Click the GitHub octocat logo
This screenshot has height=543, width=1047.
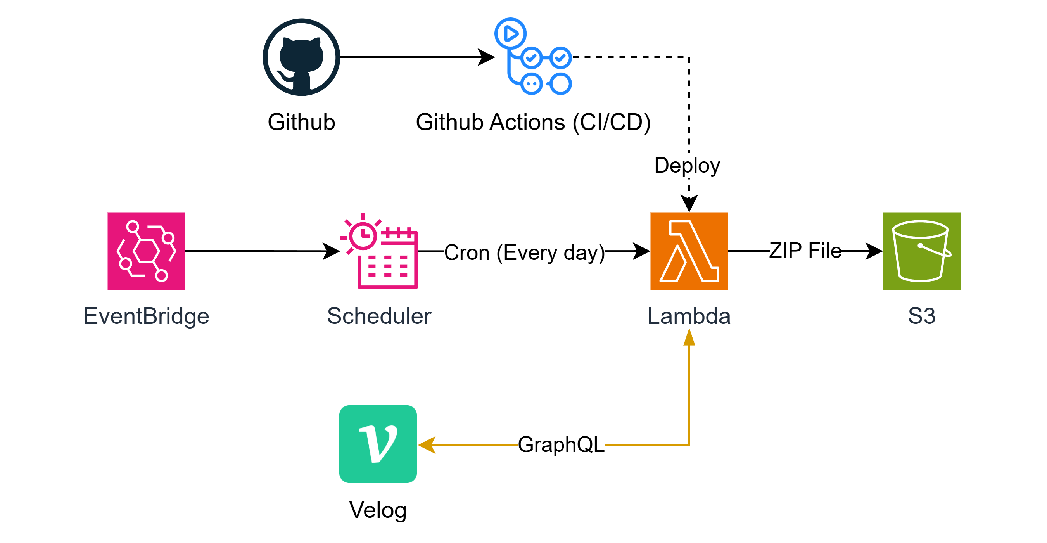pos(301,57)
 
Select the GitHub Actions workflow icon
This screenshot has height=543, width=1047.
pos(533,56)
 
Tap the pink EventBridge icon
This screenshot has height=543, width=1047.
pos(146,251)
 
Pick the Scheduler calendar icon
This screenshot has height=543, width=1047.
pos(379,251)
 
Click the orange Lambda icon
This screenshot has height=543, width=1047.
pos(689,251)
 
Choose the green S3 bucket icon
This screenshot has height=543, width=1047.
pos(922,251)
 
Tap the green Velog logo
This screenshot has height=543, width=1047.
pos(378,444)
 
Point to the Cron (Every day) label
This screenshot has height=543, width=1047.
pos(524,252)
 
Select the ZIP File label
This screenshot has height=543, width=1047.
pos(805,251)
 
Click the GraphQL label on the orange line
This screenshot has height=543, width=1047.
pos(561,444)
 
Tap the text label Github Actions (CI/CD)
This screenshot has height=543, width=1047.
pos(533,122)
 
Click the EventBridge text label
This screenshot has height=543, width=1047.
pos(146,316)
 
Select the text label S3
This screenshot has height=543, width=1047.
pos(922,316)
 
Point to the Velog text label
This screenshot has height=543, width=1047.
pos(378,510)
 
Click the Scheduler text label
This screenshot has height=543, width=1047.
pos(379,316)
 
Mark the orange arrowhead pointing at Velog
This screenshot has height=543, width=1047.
pos(427,445)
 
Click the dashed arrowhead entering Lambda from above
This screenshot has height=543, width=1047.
pos(689,203)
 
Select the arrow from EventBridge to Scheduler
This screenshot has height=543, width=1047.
pos(263,251)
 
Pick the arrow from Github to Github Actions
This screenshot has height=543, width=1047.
pos(417,57)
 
